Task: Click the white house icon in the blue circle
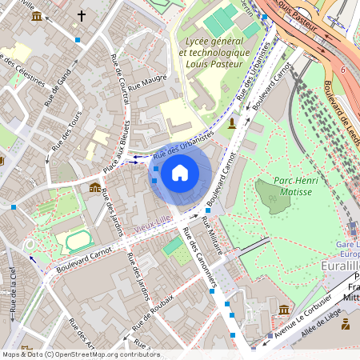tap(180, 172)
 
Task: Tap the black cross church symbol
tap(81, 15)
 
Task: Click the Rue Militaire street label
tap(213, 236)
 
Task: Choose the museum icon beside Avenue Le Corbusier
tap(284, 309)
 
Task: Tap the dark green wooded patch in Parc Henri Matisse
tap(274, 196)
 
